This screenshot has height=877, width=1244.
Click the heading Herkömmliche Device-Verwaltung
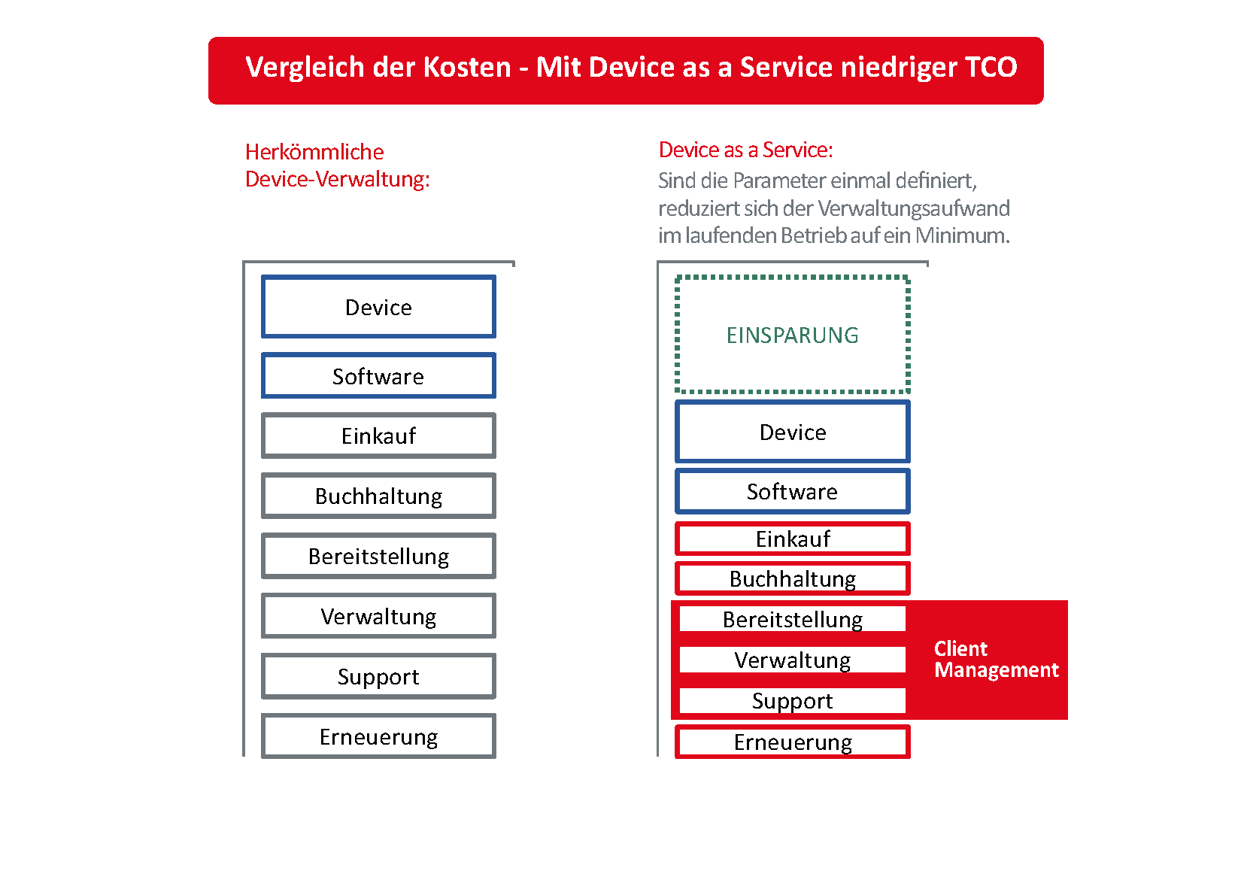[x=337, y=165]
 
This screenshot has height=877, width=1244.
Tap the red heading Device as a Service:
[x=745, y=150]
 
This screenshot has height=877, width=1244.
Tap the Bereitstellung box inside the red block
[x=793, y=619]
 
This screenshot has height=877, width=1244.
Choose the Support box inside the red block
[x=793, y=700]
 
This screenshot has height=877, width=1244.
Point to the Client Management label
[x=997, y=660]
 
